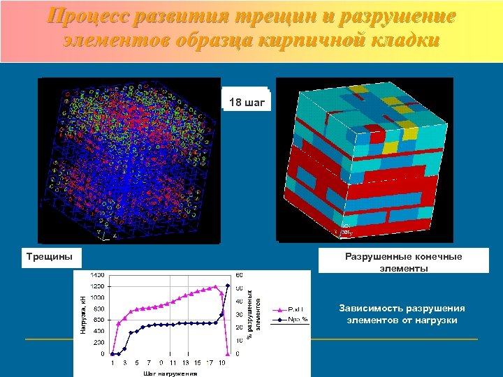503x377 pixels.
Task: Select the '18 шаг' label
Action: [x=247, y=103]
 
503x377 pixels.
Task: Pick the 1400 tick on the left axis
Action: [x=97, y=274]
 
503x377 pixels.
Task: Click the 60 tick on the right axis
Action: [x=239, y=274]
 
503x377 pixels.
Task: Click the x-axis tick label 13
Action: [x=184, y=363]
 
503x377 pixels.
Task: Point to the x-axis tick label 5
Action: [x=137, y=363]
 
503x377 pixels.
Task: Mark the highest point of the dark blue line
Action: [x=228, y=286]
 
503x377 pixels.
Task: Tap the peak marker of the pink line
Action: [x=216, y=286]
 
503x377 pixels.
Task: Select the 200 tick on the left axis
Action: [x=99, y=342]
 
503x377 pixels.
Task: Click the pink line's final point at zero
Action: [x=228, y=353]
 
